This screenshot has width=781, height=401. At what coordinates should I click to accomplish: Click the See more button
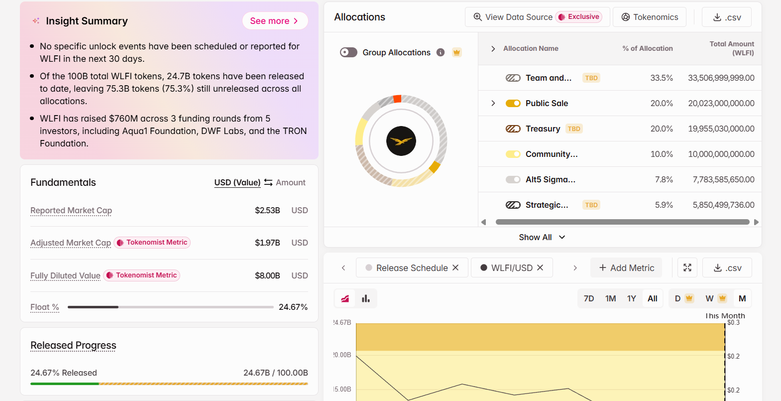275,21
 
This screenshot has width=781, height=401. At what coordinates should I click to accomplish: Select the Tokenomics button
650,17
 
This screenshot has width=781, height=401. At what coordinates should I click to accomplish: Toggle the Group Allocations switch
348,52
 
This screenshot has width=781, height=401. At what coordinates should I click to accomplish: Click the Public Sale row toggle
513,103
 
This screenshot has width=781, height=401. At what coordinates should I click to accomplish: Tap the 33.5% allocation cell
661,78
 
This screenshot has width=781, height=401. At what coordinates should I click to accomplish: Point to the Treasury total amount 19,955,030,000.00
721,129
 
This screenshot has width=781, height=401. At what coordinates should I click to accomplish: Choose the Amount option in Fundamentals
290,182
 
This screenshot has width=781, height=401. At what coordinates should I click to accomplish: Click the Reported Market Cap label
71,210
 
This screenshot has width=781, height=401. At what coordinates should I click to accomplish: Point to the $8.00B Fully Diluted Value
267,275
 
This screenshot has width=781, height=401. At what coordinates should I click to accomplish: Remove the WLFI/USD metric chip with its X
540,267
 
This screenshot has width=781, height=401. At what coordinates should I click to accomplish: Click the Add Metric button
626,267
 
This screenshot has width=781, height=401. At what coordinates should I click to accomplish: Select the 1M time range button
610,298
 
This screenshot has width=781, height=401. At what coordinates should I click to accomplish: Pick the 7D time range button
589,298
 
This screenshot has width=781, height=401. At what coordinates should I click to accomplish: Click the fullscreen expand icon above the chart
687,267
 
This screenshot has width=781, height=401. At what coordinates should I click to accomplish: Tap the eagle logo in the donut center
401,141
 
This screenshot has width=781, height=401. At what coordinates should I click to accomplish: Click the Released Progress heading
73,345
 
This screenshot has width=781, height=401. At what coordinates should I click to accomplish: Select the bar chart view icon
366,298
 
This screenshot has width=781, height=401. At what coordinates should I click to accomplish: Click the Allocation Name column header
531,48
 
